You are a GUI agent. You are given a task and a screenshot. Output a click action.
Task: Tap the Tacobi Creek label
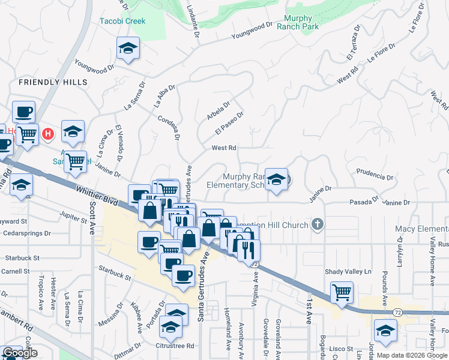tap(122, 22)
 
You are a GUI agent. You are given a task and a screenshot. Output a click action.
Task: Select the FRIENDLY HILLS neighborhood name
tap(53, 82)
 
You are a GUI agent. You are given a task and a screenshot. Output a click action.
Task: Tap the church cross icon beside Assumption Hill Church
tap(318, 225)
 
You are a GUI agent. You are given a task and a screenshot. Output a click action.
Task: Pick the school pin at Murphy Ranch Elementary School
tap(276, 179)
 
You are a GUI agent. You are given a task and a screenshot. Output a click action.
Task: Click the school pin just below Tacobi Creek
tap(128, 49)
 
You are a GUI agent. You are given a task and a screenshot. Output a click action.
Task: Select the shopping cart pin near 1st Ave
tap(342, 293)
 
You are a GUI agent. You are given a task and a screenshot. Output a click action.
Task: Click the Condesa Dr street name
tap(169, 128)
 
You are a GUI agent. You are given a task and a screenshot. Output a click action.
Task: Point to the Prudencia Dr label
tap(374, 178)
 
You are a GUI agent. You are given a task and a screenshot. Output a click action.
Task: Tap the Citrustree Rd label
tap(175, 346)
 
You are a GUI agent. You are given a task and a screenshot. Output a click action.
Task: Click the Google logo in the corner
tap(20, 353)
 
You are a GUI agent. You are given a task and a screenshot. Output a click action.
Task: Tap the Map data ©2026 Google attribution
tap(412, 355)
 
